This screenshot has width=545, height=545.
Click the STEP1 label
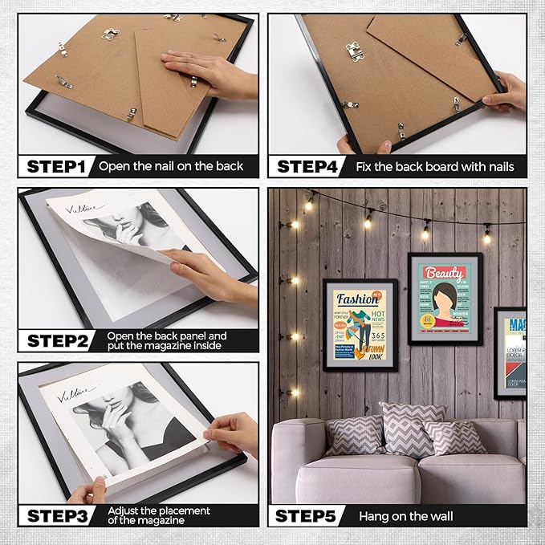pos(56,167)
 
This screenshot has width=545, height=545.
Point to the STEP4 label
pos(307,167)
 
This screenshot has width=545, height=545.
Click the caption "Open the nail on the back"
pos(170,167)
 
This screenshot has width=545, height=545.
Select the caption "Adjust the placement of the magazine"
pos(161,514)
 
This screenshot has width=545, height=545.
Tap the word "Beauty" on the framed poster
pos(445,273)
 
